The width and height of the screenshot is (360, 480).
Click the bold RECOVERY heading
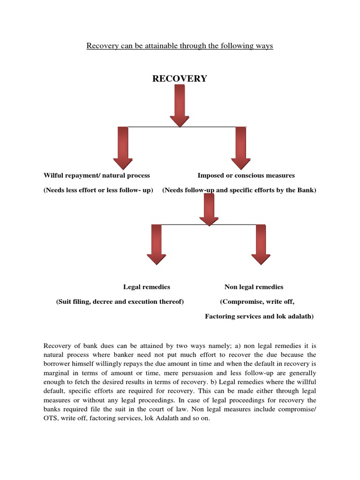click(180, 79)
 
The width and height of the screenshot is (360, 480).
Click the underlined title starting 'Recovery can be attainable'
click(180, 46)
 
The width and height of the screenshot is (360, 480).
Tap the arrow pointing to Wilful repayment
click(123, 148)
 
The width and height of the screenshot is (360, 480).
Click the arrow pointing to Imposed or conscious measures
click(241, 148)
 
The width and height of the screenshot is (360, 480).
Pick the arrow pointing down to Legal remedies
click(156, 244)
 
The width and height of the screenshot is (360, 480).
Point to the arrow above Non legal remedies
click(261, 244)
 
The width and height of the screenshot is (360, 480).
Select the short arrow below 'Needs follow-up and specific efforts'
click(209, 209)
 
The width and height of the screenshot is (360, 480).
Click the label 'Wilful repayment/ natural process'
click(97, 175)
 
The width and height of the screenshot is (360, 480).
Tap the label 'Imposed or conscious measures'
click(246, 175)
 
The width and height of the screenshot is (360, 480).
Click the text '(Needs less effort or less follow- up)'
click(98, 190)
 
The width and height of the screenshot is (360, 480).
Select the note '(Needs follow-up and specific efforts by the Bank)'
click(239, 190)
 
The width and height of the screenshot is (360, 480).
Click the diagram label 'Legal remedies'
click(147, 287)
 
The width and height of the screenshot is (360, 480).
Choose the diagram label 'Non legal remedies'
click(254, 287)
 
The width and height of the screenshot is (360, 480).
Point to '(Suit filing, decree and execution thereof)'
click(120, 302)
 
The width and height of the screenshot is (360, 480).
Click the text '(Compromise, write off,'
click(257, 302)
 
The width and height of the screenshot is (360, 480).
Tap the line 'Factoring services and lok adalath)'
click(259, 316)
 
